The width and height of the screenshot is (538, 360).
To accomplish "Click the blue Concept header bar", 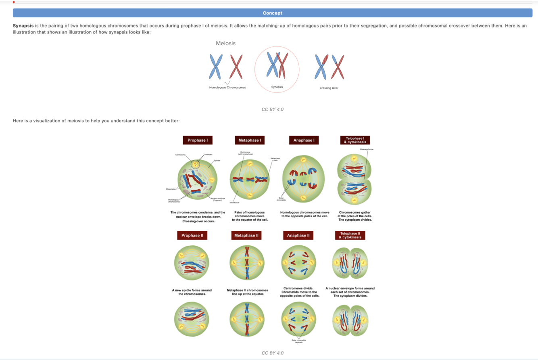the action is [x=273, y=13].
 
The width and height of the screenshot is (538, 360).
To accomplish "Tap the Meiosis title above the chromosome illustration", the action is [x=225, y=43].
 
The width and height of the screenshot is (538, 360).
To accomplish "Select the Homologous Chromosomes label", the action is [x=227, y=87].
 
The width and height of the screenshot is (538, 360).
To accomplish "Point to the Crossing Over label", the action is [x=329, y=88].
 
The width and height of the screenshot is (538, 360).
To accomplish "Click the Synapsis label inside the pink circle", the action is [x=277, y=87].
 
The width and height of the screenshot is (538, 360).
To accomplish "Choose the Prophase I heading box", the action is [x=198, y=140].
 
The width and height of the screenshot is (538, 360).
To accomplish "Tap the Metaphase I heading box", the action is [x=250, y=140].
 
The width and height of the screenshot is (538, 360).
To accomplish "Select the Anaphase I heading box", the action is [x=304, y=140].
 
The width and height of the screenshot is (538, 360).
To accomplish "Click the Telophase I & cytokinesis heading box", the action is [x=355, y=140].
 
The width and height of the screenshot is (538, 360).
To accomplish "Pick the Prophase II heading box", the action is [x=192, y=235].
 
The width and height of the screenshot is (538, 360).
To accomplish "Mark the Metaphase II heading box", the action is [x=246, y=235].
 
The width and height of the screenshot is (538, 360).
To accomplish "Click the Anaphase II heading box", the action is [x=298, y=235].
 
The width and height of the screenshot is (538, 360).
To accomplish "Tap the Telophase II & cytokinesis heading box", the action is [x=350, y=235].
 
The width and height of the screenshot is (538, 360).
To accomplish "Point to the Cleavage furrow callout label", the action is [x=367, y=149].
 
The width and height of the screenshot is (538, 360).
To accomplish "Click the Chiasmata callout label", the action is [x=170, y=188].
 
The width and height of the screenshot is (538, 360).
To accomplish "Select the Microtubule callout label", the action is [x=234, y=202].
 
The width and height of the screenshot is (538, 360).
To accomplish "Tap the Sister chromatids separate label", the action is [x=298, y=341].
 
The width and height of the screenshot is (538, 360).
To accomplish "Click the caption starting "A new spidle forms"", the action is [x=192, y=292].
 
